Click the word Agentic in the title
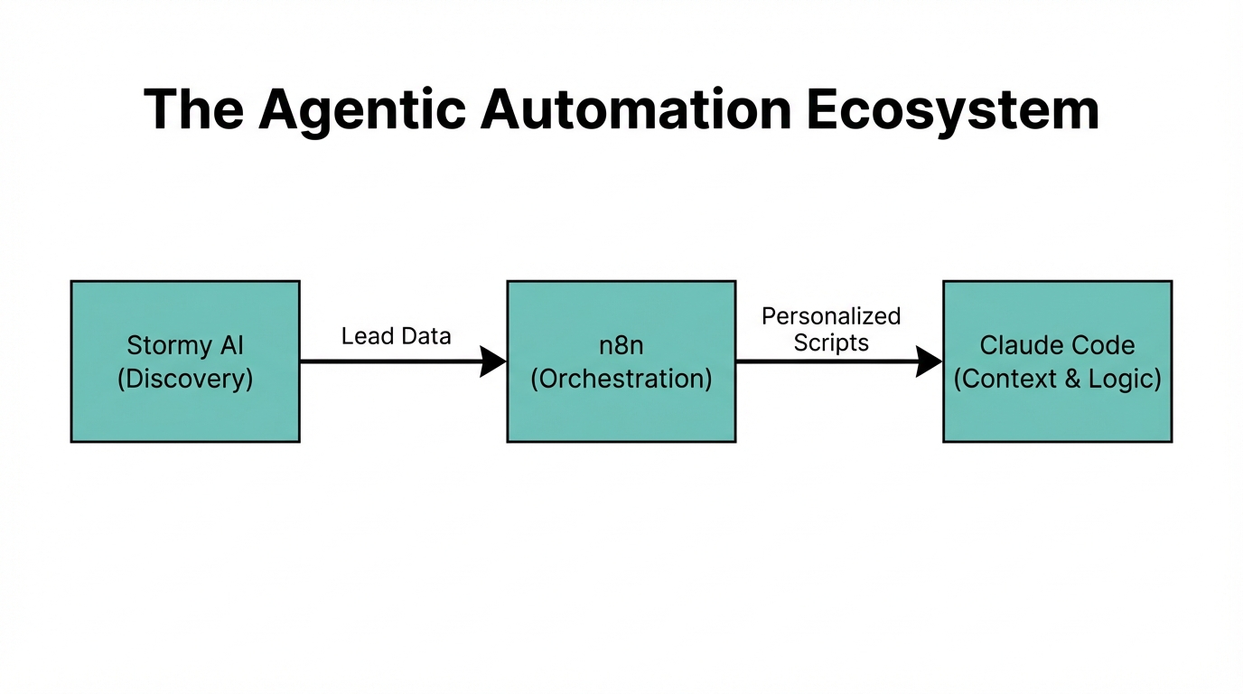pos(361,110)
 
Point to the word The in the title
pos(193,110)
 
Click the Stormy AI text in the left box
pos(185,345)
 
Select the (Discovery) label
pos(185,378)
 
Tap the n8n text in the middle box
pos(621,345)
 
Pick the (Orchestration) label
pos(621,378)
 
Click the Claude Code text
pos(1057,345)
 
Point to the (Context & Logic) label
pos(1057,378)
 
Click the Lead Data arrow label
pos(396,336)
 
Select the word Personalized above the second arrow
pos(831,316)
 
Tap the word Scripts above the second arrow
pos(831,342)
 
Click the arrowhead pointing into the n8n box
pos(493,361)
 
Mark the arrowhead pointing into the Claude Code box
pos(930,361)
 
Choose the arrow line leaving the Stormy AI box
pos(388,361)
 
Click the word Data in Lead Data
pos(424,336)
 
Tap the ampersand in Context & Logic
pos(1071,378)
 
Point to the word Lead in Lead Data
pos(366,336)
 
